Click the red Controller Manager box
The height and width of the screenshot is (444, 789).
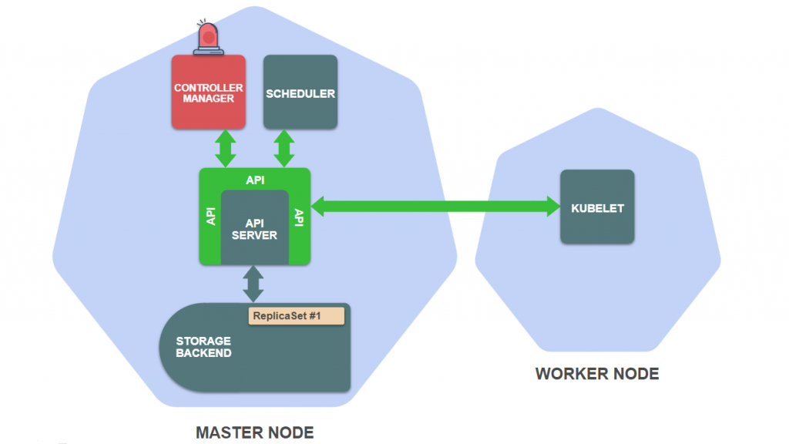coord(208,92)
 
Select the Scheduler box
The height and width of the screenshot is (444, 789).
coord(300,92)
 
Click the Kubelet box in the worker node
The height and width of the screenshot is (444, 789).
coord(597,207)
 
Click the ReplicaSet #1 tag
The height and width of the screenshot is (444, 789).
coord(296,315)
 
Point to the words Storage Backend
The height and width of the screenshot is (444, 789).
coord(203,347)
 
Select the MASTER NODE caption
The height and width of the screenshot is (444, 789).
coord(254,432)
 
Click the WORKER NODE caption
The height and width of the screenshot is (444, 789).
coord(597,375)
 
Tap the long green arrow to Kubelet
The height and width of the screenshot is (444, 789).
coord(435,206)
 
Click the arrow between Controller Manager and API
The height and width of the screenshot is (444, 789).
coord(226,148)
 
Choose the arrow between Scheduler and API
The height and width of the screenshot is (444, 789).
coord(284,148)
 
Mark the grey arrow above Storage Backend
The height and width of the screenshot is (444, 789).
coord(253,284)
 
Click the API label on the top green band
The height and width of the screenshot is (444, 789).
coord(255,180)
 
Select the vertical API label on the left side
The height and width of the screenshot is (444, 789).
coord(210,216)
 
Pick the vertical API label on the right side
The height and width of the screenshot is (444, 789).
coord(300,217)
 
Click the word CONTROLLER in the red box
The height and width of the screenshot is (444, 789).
coord(208,88)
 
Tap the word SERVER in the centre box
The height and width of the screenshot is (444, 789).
coord(254,235)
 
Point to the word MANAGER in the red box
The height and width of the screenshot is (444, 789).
coord(208,99)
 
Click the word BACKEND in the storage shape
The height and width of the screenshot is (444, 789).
coord(203,353)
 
